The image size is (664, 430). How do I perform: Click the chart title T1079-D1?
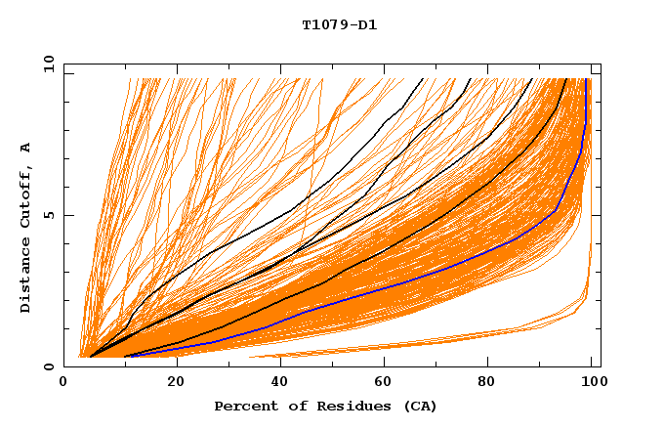(x=339, y=25)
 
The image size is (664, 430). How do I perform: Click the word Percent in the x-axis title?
(x=242, y=406)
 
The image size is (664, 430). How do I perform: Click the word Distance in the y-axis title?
(x=26, y=277)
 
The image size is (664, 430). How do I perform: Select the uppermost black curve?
(x=293, y=209)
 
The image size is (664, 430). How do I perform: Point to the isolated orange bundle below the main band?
(x=439, y=342)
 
